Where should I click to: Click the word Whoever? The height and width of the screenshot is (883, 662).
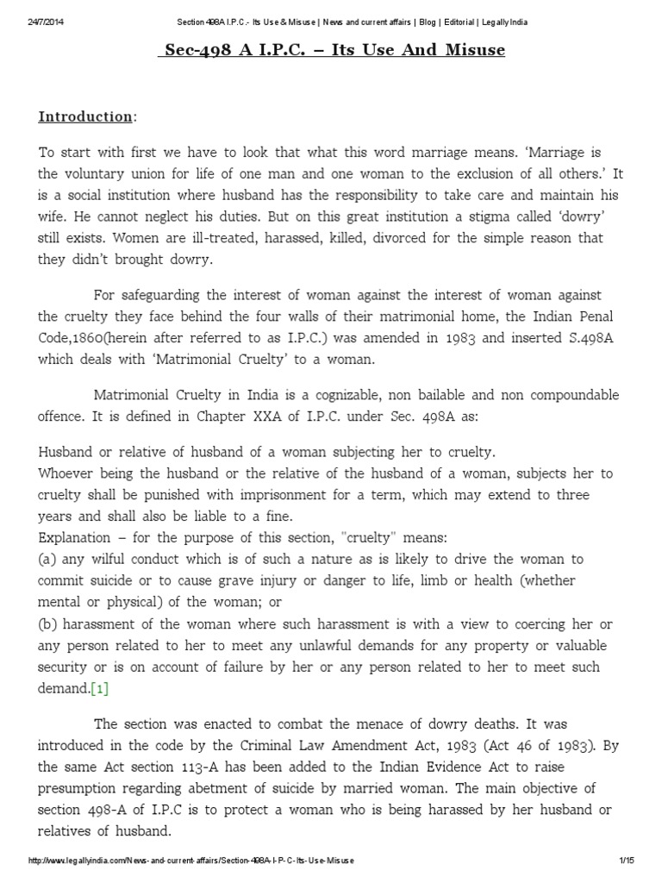pos(71,474)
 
